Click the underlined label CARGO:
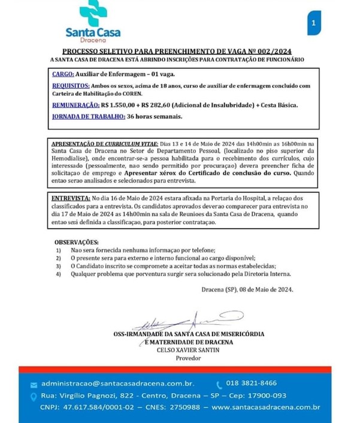tap(62, 74)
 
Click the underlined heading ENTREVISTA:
tap(69, 197)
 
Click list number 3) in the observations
tap(58, 265)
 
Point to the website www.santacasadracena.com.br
tap(266, 407)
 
